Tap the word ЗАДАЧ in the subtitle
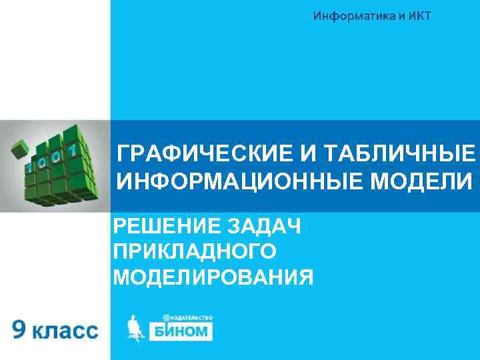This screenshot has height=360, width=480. pos(265,227)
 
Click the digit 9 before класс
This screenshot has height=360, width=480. pos(21,329)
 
